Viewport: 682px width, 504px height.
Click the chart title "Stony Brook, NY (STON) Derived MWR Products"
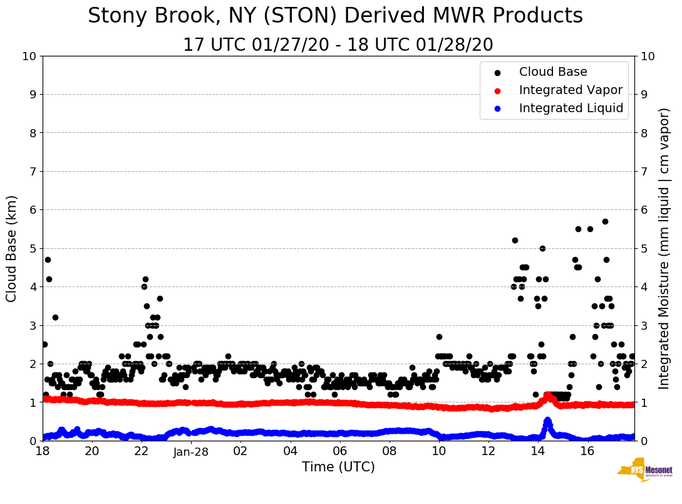pyautogui.click(x=335, y=16)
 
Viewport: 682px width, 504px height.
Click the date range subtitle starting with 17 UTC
pyautogui.click(x=338, y=45)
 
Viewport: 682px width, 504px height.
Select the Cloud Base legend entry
pyautogui.click(x=553, y=72)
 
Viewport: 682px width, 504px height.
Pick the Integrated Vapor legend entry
pyautogui.click(x=571, y=90)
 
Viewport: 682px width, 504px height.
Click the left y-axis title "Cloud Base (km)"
pyautogui.click(x=12, y=248)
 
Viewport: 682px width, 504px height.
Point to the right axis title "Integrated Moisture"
pyautogui.click(x=664, y=248)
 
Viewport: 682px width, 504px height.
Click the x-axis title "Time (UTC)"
pyautogui.click(x=338, y=467)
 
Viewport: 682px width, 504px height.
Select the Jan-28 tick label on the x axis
pyautogui.click(x=191, y=451)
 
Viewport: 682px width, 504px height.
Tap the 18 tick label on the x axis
pyautogui.click(x=43, y=451)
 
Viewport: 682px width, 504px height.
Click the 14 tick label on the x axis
pyautogui.click(x=537, y=451)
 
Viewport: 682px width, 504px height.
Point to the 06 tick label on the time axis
pyautogui.click(x=339, y=451)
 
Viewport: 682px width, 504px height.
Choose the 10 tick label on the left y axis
pyautogui.click(x=29, y=56)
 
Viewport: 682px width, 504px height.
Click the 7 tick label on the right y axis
pyautogui.click(x=642, y=171)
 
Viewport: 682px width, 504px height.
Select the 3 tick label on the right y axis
pyautogui.click(x=642, y=325)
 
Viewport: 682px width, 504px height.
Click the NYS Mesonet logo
pyautogui.click(x=644, y=470)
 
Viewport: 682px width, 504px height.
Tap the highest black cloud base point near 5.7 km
pyautogui.click(x=605, y=221)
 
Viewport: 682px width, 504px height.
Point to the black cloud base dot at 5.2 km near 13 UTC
pyautogui.click(x=515, y=240)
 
